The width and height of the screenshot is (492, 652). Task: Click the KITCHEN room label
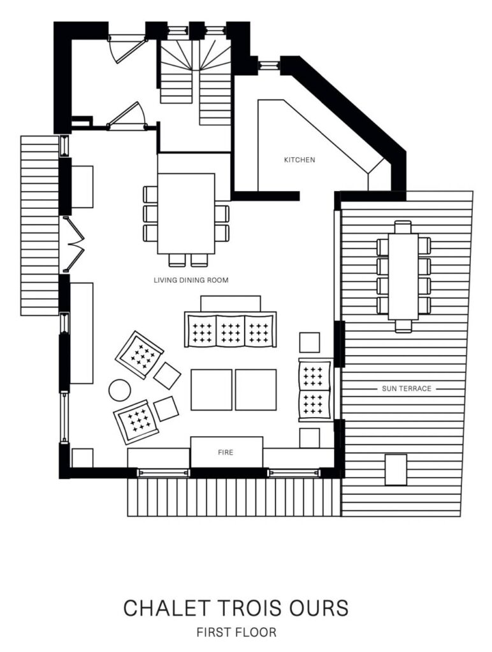(300, 160)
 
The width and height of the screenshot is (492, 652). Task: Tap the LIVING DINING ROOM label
(191, 280)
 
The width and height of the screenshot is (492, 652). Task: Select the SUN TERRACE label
(406, 389)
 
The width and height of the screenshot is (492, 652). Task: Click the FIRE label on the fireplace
(226, 453)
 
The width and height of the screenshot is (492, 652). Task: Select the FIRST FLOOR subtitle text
(236, 632)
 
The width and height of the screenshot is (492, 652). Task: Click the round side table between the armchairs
(120, 390)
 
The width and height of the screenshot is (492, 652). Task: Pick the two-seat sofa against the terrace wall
(315, 390)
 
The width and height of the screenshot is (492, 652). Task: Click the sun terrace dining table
(403, 276)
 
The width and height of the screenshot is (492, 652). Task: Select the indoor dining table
(186, 214)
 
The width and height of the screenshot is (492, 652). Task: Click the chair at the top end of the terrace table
(403, 227)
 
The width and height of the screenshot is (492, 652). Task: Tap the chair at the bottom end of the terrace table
(403, 326)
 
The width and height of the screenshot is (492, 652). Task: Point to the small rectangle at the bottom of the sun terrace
(396, 469)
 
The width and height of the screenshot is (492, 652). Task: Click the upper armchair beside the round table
(140, 355)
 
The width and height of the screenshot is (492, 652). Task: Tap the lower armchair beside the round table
(137, 422)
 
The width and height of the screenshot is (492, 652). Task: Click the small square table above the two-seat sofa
(310, 342)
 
